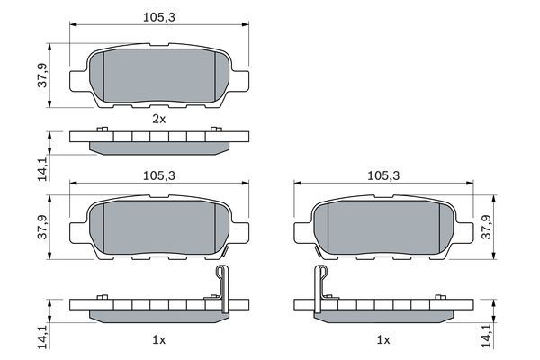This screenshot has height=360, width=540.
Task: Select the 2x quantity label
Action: click(x=159, y=118)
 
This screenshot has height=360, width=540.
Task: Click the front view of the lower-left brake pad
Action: click(x=159, y=229)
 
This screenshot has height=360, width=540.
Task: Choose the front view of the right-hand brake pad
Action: click(x=382, y=229)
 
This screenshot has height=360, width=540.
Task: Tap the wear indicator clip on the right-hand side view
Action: click(x=321, y=286)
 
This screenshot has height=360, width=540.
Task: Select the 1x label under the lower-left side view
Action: click(x=159, y=340)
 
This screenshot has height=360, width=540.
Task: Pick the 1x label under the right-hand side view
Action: click(x=382, y=340)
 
